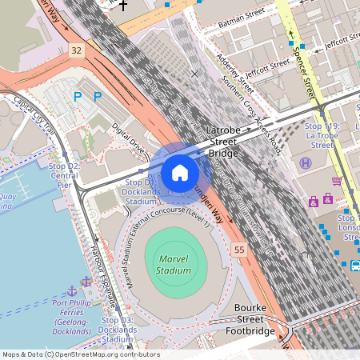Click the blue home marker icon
180,173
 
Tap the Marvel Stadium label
174,265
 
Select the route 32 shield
76,50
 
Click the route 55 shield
239,250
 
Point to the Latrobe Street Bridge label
223,141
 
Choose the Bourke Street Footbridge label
254,319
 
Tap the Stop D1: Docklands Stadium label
142,192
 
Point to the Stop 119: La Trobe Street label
323,136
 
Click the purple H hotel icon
306,163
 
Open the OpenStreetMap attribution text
80,354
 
